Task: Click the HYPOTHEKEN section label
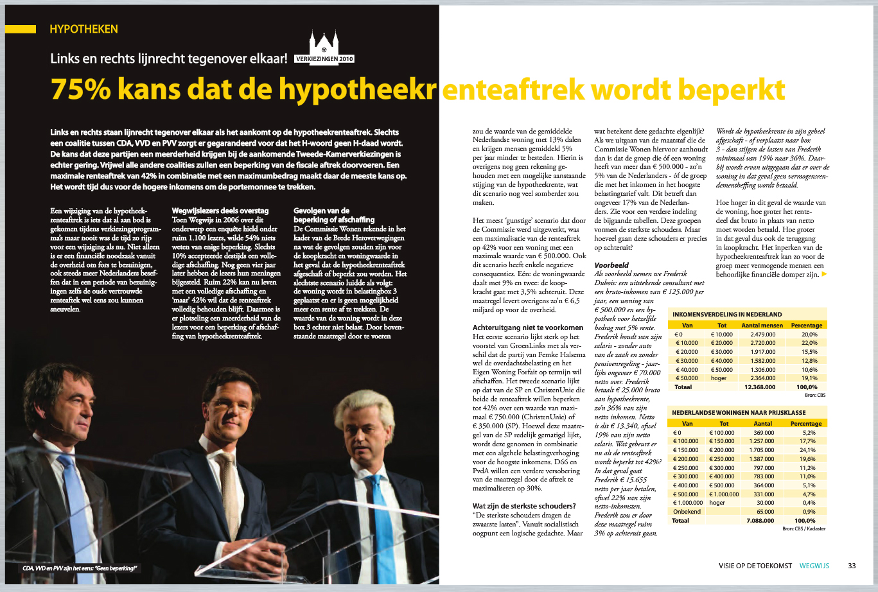83,29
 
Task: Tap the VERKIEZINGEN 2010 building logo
324,48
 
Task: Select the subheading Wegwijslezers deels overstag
220,211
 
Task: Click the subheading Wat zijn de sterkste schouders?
524,506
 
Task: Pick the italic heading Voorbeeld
611,265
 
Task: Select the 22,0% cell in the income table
809,343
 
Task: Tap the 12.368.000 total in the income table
760,387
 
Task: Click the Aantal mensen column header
762,326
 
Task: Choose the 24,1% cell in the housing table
807,450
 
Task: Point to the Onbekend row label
686,512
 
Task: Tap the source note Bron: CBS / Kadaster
803,528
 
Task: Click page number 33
852,566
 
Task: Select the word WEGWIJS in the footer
814,566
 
